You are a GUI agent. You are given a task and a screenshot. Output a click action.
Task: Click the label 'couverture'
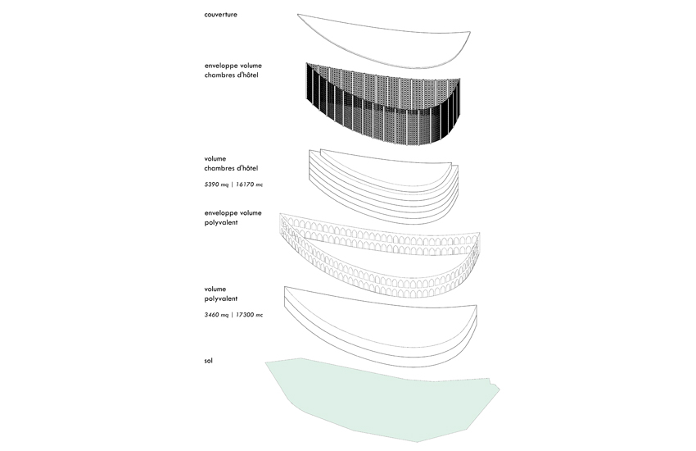point(220,14)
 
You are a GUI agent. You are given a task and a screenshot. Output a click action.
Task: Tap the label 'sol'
point(208,360)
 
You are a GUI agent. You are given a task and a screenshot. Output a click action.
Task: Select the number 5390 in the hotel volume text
point(212,184)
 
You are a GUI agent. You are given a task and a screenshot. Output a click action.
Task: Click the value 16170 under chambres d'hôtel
point(245,184)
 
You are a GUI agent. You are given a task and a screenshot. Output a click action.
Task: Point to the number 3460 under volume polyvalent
point(212,315)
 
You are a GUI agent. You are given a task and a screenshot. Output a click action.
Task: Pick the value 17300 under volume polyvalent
point(245,315)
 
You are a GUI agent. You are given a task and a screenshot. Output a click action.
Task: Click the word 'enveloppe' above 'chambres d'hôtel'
point(220,66)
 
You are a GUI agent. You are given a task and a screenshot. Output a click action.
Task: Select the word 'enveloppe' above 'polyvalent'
point(220,213)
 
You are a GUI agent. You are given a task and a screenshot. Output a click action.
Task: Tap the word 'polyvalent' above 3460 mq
point(221,298)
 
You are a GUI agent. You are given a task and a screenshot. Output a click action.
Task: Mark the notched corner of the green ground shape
point(490,380)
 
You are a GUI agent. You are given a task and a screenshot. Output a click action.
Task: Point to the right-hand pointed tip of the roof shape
point(470,32)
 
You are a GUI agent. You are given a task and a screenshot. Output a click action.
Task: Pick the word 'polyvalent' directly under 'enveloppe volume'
point(221,222)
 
